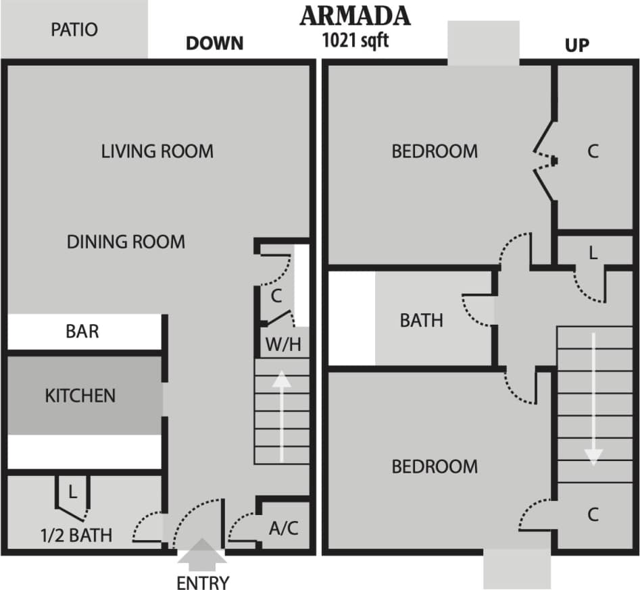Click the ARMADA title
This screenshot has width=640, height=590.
point(355,15)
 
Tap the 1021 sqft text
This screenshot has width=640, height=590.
point(355,39)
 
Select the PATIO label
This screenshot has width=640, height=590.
point(74,30)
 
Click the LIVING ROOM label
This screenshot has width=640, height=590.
point(157,151)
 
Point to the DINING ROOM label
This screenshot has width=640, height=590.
point(126,242)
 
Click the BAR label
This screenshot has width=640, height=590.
point(82,331)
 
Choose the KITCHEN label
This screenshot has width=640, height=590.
point(80,395)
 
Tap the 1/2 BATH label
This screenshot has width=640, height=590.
point(76,535)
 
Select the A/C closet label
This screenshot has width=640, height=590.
point(284,528)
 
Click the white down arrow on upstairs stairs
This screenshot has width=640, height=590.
point(593,398)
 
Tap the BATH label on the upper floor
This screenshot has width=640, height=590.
point(422,320)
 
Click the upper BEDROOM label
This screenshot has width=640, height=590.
point(435,151)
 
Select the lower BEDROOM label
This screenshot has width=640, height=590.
point(435,466)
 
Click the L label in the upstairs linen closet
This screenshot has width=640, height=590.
point(593,254)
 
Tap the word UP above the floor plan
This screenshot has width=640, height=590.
point(576,45)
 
